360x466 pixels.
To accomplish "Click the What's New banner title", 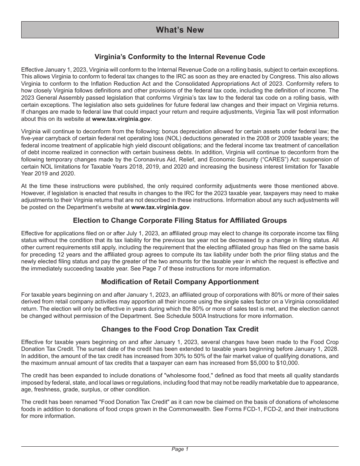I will [180, 30].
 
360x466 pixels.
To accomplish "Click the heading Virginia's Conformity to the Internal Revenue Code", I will [180, 57].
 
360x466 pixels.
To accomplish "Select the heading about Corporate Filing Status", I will [180, 220].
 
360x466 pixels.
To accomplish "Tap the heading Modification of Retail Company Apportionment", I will [180, 282].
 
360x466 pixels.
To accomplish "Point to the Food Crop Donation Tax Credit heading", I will [180, 329].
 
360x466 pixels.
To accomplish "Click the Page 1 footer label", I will [180, 449].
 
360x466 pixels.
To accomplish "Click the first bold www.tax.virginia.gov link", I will [121, 119].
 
